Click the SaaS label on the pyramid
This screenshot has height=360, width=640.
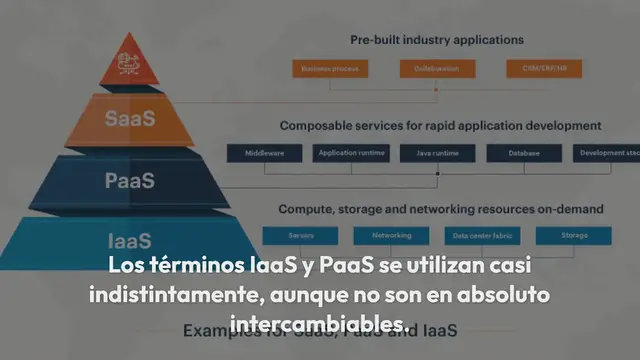130,118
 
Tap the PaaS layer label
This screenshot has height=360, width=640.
130,181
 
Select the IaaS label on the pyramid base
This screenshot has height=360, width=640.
130,241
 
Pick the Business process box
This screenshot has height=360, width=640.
331,69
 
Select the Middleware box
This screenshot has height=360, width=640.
264,154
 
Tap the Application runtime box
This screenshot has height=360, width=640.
351,154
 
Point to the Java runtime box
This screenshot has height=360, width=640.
437,154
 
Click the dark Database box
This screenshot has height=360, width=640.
523,154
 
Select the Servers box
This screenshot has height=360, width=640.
301,236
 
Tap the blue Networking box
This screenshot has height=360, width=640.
391,236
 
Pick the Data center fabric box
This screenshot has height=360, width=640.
482,236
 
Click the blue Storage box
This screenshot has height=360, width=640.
573,236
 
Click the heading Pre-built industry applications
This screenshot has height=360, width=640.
437,40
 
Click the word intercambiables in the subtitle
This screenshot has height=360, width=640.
317,325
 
